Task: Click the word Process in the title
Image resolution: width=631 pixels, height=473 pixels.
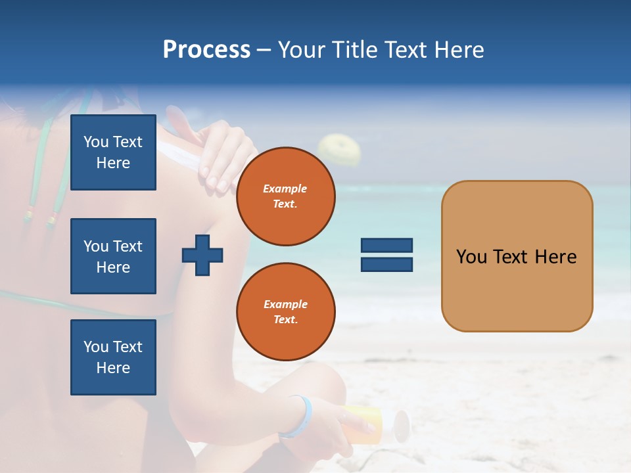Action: click(206, 50)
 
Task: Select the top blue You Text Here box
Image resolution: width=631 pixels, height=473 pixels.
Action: click(113, 152)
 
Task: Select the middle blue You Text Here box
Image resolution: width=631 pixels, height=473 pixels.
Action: click(113, 256)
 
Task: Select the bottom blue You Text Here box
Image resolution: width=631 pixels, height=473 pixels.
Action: click(113, 357)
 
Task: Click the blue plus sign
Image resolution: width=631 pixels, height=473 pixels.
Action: click(202, 255)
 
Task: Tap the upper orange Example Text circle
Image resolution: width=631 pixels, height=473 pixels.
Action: click(285, 196)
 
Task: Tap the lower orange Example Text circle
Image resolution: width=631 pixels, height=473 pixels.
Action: click(285, 312)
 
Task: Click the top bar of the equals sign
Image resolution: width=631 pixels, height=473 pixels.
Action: click(386, 246)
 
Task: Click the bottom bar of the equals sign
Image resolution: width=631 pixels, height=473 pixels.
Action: click(386, 265)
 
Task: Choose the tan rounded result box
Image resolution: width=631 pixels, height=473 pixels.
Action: click(517, 256)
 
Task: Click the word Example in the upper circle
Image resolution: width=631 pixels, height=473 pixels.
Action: click(285, 189)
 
